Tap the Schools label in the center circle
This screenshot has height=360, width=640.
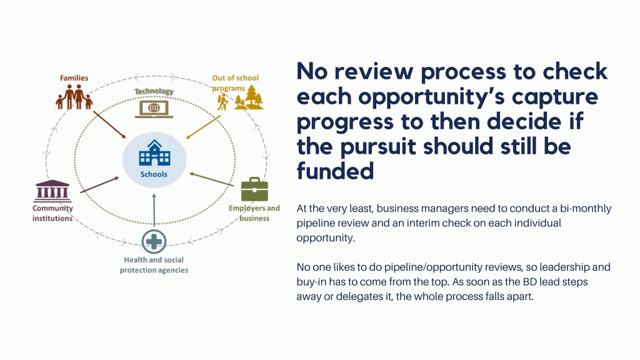(154, 174)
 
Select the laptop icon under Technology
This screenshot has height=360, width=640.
(154, 109)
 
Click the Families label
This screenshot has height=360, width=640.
(74, 78)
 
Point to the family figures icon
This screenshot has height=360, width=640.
(74, 97)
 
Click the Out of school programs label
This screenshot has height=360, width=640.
(235, 83)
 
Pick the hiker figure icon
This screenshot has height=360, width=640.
(222, 102)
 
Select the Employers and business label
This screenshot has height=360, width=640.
(254, 213)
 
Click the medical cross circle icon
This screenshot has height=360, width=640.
(154, 242)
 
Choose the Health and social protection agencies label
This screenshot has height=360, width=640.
(154, 265)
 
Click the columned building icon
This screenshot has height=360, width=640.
(52, 191)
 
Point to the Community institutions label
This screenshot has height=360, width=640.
(52, 213)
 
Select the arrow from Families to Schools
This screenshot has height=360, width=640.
(109, 124)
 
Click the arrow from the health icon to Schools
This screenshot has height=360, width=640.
(154, 210)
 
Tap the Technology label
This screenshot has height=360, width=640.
(154, 91)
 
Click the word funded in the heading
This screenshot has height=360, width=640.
(335, 171)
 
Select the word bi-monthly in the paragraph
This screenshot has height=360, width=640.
(586, 209)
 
